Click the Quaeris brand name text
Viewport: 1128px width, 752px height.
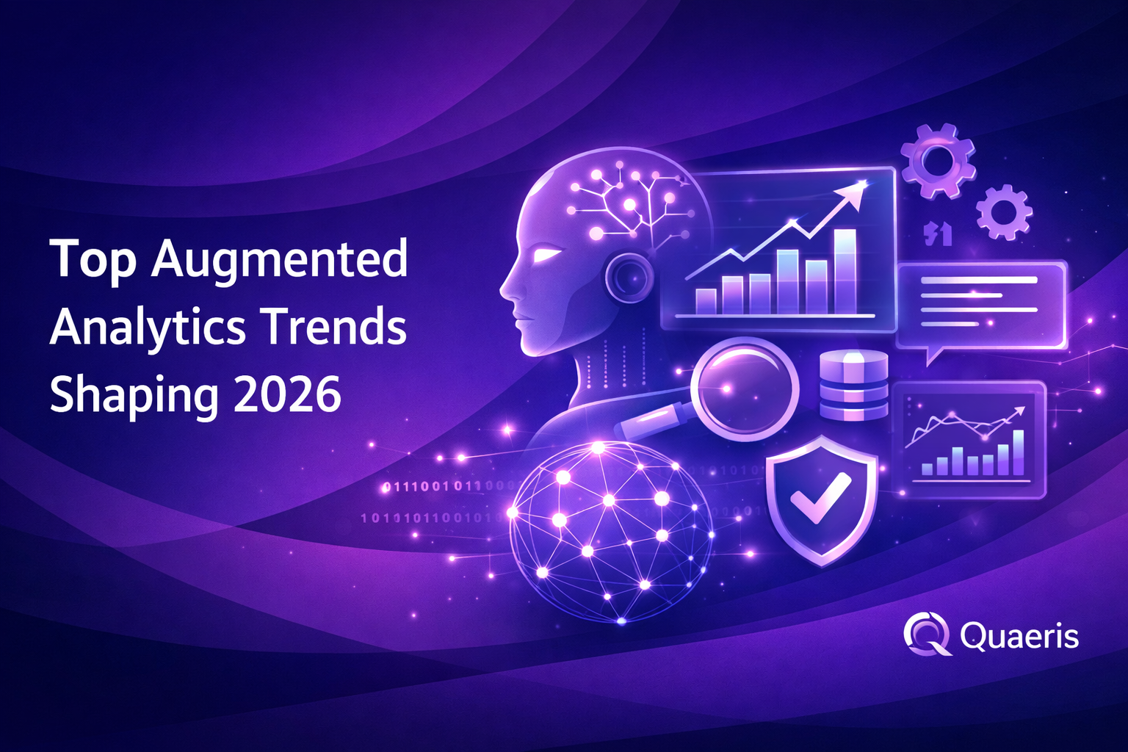tap(1019, 636)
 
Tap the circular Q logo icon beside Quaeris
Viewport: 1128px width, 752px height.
tap(927, 634)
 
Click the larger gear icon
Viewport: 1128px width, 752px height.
tap(938, 161)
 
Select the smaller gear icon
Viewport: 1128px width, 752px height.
tap(1004, 213)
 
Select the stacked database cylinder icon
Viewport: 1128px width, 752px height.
tap(853, 386)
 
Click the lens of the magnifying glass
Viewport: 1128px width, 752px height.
tap(745, 387)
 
